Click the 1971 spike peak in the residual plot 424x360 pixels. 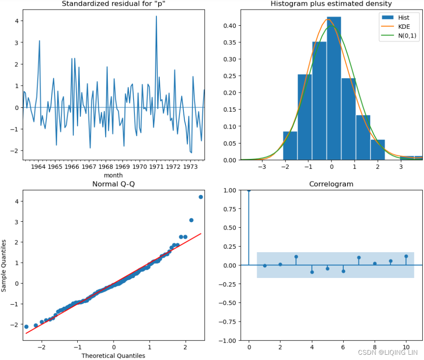(x=156, y=17)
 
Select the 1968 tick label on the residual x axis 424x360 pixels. (x=106, y=167)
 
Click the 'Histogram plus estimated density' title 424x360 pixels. (x=331, y=4)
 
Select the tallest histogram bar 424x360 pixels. (x=334, y=87)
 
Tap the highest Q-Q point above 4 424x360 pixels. (x=201, y=197)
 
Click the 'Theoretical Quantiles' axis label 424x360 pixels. (x=113, y=355)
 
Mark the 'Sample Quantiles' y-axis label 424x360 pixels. (x=4, y=265)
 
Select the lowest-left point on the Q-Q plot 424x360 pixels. (x=26, y=326)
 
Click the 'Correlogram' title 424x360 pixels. (x=331, y=184)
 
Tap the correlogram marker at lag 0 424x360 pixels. (x=249, y=190)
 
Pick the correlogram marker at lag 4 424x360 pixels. (x=312, y=272)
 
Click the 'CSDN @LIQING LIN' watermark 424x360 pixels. (x=387, y=352)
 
